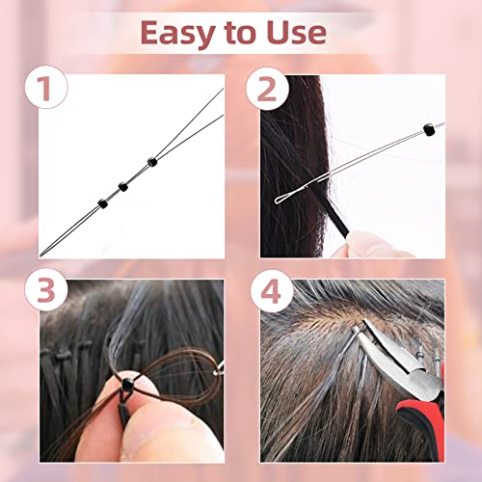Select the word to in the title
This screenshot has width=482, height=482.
tap(241, 34)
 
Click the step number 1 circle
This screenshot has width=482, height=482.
tap(46, 87)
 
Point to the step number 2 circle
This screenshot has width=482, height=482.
tap(267, 89)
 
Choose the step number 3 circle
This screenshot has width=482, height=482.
tap(46, 289)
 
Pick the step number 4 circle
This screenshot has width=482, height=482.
tap(272, 291)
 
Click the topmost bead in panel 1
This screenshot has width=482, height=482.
tap(152, 162)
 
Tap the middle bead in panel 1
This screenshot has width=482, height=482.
tap(123, 186)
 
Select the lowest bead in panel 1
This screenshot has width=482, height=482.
tap(103, 203)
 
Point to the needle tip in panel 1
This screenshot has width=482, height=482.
tap(41, 255)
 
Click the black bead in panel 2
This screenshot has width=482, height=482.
tap(429, 129)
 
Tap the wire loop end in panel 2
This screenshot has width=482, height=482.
tap(279, 201)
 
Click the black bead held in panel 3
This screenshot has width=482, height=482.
tap(127, 384)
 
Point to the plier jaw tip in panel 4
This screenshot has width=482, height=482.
tap(365, 322)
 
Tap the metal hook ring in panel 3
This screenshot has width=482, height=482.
tap(219, 369)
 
